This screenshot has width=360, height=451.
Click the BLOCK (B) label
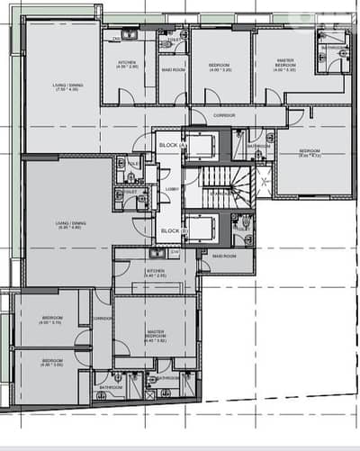click(170, 231)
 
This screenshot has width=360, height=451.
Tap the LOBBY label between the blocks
click(170, 189)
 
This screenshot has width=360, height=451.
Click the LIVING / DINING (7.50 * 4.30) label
click(67, 87)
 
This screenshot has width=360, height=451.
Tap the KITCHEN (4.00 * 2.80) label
click(128, 64)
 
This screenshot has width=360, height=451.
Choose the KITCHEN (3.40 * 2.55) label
click(155, 271)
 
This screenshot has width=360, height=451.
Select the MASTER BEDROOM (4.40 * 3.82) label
click(156, 334)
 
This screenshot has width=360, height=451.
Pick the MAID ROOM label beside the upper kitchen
click(173, 69)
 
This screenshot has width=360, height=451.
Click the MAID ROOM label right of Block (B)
click(224, 255)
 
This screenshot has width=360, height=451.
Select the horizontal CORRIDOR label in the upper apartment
click(224, 116)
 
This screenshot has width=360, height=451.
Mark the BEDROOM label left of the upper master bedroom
click(221, 67)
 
